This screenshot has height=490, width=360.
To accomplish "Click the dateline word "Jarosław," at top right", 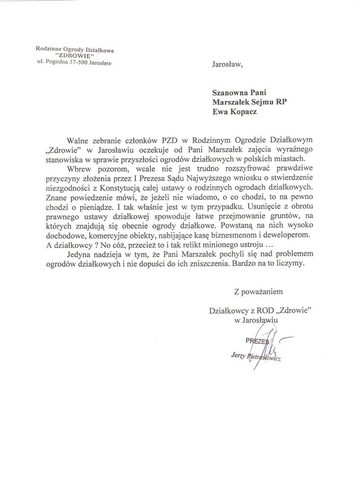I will tap(227, 64).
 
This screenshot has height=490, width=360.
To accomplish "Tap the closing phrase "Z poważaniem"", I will tap(259, 292).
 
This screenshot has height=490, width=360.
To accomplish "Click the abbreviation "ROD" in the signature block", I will tap(257, 310).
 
